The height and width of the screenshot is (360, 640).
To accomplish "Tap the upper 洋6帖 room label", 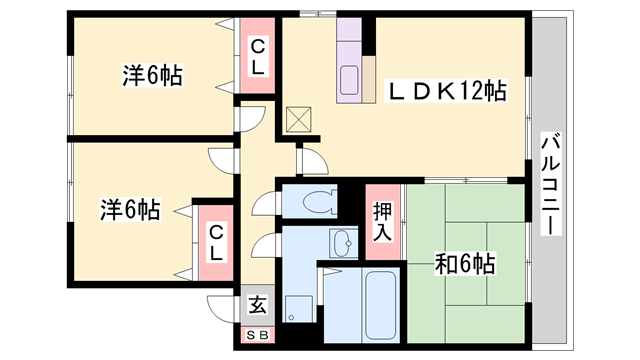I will [153, 75].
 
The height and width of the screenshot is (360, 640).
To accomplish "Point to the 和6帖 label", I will [465, 264].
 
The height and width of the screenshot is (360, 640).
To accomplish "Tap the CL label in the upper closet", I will [257, 57].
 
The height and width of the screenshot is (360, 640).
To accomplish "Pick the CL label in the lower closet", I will [215, 242].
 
